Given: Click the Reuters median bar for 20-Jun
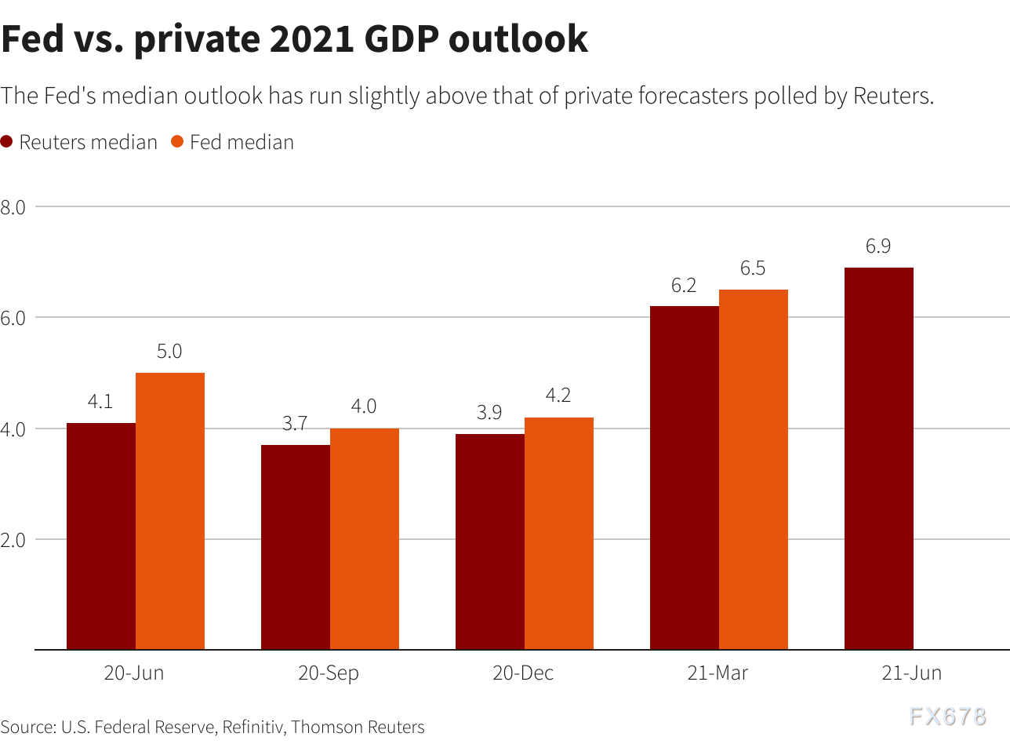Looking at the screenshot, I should tap(101, 536).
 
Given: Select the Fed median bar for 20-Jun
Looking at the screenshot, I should tap(170, 511).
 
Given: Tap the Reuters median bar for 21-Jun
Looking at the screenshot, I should tap(879, 458).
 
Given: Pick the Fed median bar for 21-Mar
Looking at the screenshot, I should tap(754, 469).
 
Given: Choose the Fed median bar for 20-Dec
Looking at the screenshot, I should tap(559, 534).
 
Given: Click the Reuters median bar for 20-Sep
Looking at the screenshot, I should tap(296, 547).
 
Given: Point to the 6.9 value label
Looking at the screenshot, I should tap(878, 246).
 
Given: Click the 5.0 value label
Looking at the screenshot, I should tap(169, 352).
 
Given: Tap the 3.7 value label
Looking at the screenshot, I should tap(295, 424).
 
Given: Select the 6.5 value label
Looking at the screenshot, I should tap(753, 268).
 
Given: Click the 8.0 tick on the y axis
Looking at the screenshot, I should tap(14, 207).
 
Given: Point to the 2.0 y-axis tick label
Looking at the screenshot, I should tap(14, 540).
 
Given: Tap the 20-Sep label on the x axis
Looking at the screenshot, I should tap(329, 673).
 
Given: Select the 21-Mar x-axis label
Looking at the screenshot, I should tap(718, 673).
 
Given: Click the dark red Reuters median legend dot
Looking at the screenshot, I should tap(7, 142).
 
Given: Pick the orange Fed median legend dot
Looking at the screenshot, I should tap(177, 142).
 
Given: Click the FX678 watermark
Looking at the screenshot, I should tap(947, 717).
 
